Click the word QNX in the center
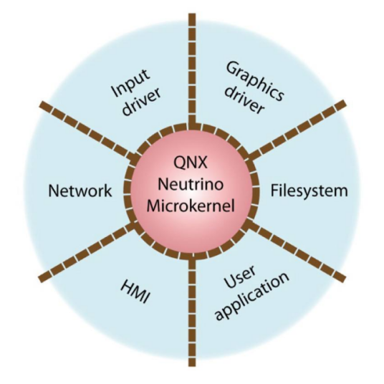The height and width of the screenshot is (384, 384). tap(191, 162)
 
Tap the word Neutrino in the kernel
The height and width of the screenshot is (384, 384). tap(191, 184)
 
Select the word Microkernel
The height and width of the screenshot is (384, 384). tap(191, 206)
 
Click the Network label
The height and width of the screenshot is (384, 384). tap(80, 191)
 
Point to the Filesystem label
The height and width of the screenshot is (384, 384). tap(309, 191)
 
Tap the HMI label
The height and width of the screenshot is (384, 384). tap(135, 292)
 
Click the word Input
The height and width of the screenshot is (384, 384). tap(130, 83)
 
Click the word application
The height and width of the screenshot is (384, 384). tap(252, 296)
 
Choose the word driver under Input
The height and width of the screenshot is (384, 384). tap(142, 101)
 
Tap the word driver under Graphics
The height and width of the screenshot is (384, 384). tap(244, 100)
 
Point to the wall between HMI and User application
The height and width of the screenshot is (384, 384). tap(192, 311)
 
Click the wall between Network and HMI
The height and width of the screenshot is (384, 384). tap(87, 251)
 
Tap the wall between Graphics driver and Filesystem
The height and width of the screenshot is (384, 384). tap(297, 129)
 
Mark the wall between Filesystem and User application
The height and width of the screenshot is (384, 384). tap(296, 251)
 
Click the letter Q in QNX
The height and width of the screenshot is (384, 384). tap(178, 163)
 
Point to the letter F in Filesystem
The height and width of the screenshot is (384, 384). tap(274, 191)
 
